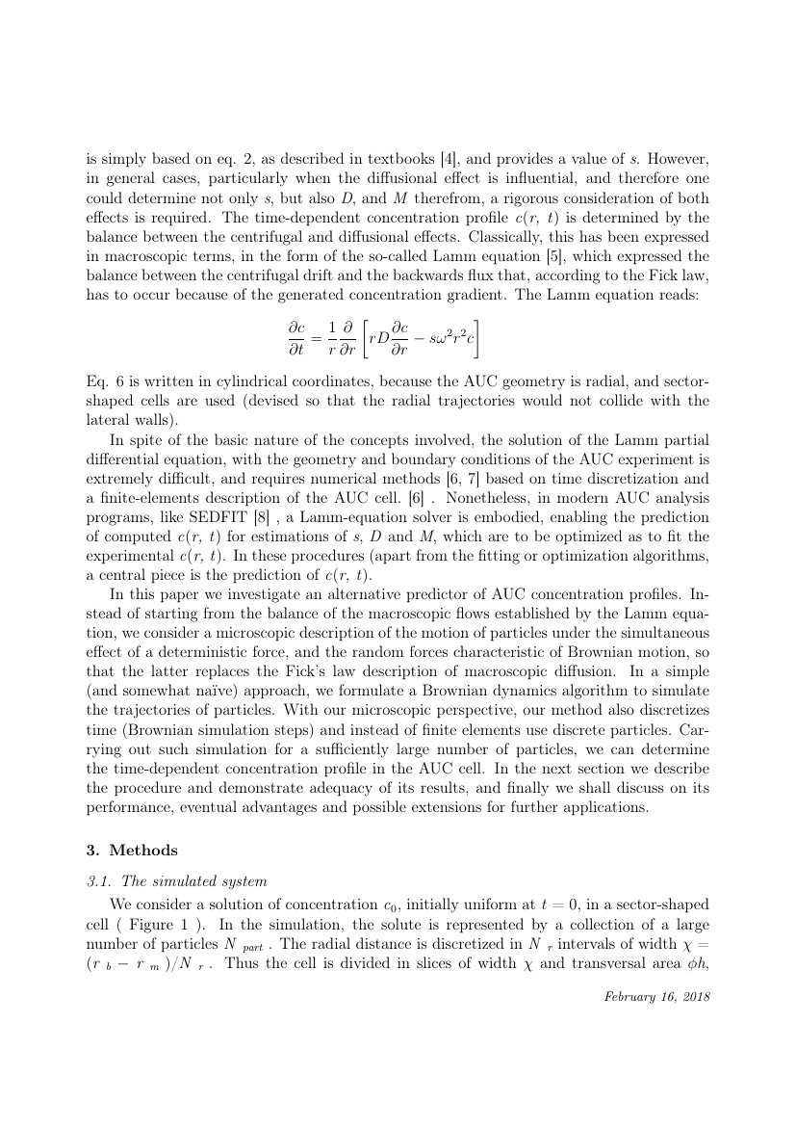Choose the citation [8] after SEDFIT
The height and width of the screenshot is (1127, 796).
(x=231, y=510)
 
